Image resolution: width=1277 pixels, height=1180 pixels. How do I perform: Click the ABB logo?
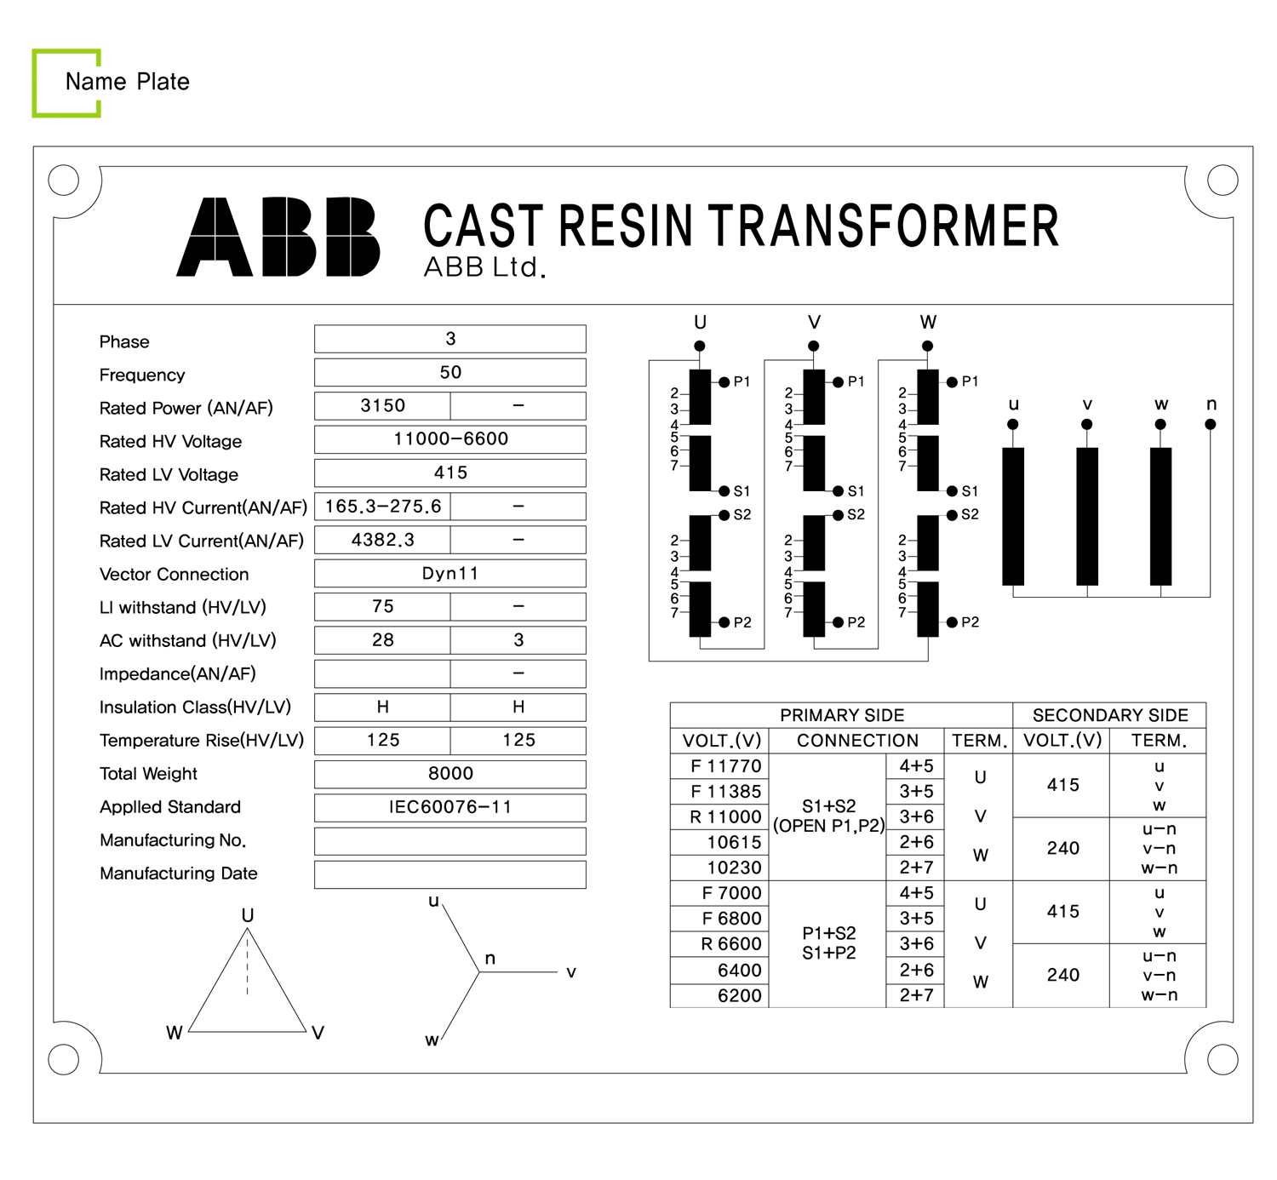pyautogui.click(x=278, y=237)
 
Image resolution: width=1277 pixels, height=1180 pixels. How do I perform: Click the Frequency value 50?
pyautogui.click(x=450, y=372)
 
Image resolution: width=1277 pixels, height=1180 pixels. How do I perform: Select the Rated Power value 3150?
pyautogui.click(x=382, y=405)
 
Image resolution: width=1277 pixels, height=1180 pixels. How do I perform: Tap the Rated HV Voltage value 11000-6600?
pyautogui.click(x=450, y=438)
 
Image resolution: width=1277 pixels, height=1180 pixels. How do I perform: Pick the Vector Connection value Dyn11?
pyautogui.click(x=450, y=573)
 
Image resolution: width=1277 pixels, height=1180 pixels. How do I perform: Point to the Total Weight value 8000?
pyautogui.click(x=450, y=773)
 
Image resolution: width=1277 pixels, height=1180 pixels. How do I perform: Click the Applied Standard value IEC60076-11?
pyautogui.click(x=450, y=806)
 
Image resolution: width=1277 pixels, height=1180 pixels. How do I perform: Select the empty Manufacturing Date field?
pyautogui.click(x=450, y=874)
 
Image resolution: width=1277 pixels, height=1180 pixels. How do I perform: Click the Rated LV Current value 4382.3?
pyautogui.click(x=382, y=540)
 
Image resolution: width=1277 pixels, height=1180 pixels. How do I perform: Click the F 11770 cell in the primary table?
pyautogui.click(x=726, y=766)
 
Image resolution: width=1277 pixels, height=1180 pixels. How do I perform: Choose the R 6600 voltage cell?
pyautogui.click(x=731, y=944)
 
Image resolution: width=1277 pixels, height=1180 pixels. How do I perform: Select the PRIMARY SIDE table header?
pyautogui.click(x=841, y=715)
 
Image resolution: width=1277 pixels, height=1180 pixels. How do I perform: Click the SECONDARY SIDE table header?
pyautogui.click(x=1110, y=715)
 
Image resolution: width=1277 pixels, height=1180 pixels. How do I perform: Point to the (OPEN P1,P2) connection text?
pyautogui.click(x=828, y=826)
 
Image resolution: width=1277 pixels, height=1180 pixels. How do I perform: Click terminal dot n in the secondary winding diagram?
pyautogui.click(x=1211, y=424)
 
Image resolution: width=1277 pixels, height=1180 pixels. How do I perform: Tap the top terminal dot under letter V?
pyautogui.click(x=814, y=346)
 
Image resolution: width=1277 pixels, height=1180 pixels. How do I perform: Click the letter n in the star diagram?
pyautogui.click(x=490, y=959)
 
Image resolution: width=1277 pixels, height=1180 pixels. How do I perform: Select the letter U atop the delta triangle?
pyautogui.click(x=248, y=915)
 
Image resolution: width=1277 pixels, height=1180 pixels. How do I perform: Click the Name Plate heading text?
pyautogui.click(x=128, y=82)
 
